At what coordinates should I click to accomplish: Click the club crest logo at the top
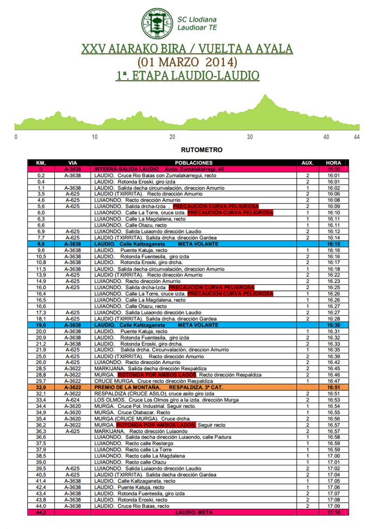click(158, 23)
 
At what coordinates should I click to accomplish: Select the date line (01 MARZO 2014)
click(187, 62)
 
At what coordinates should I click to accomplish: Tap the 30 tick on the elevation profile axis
click(250, 137)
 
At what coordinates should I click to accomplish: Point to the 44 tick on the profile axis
click(356, 137)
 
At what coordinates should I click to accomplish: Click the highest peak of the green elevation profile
click(265, 95)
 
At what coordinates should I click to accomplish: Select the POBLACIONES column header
click(194, 163)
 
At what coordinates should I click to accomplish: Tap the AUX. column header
click(307, 163)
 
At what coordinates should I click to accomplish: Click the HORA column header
click(334, 163)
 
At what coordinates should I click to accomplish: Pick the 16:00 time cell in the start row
click(334, 169)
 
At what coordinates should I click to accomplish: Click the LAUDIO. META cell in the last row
click(194, 512)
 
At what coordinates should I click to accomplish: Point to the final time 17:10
click(334, 512)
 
